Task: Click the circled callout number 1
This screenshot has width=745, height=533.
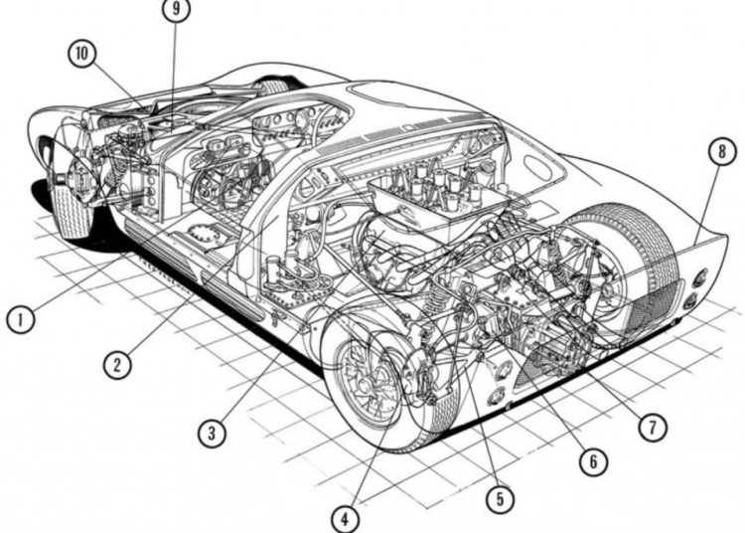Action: tap(21, 319)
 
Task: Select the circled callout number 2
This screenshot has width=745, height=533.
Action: tap(117, 364)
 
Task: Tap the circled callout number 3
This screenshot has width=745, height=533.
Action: tap(212, 433)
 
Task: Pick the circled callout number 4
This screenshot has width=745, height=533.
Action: tap(345, 519)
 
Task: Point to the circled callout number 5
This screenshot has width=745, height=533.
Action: tap(500, 499)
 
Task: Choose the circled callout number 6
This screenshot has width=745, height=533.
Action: tap(593, 460)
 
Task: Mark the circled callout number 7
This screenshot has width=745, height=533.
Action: tap(653, 427)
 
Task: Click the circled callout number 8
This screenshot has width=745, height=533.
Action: tap(722, 152)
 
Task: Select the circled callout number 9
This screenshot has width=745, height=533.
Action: tap(176, 9)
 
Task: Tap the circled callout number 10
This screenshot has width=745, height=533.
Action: tap(82, 54)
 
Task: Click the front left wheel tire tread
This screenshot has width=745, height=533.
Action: tap(72, 209)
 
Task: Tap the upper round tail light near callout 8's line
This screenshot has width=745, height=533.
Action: tap(700, 277)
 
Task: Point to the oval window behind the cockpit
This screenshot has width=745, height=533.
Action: tap(538, 165)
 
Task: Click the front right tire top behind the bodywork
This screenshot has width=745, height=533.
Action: tap(272, 88)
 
